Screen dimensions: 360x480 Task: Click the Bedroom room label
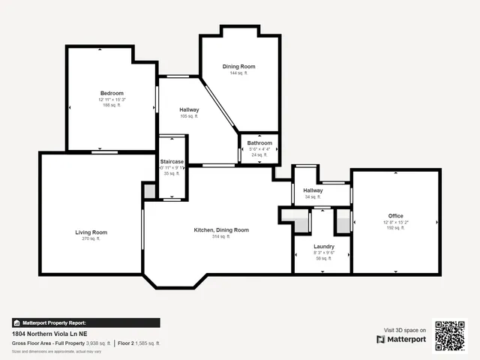point(112,93)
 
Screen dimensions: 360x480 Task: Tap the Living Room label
point(91,232)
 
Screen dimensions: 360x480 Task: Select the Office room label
point(395,216)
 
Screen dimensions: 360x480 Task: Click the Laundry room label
point(324,246)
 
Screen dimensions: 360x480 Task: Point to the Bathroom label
point(259,142)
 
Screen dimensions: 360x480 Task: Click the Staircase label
point(172,161)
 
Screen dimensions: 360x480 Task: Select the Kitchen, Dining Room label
point(221,229)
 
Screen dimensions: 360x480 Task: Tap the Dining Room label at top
point(239,67)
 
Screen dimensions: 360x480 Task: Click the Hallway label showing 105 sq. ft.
point(189,110)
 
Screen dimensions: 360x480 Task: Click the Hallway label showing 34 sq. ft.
point(313,190)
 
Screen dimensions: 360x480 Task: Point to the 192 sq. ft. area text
point(395,228)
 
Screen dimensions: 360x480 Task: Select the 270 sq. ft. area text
point(91,238)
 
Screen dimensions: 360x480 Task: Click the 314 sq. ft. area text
point(221,236)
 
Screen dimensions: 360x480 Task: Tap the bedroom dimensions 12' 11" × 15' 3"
point(112,100)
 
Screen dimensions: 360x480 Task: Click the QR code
point(450,336)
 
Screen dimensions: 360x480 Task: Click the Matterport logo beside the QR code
point(401,339)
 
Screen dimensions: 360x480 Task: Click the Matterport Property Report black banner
point(85,322)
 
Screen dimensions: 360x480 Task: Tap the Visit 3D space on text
point(405,330)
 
